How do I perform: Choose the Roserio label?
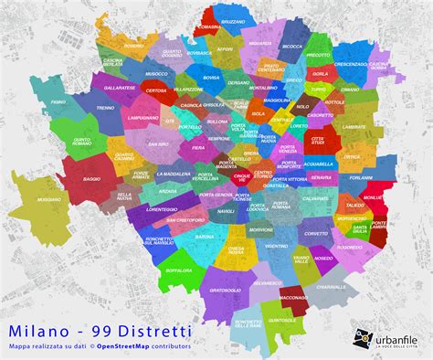coord(134,45)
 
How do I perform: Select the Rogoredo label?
coord(349,247)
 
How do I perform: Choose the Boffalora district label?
coord(153,270)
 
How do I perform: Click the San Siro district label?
coord(159,143)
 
